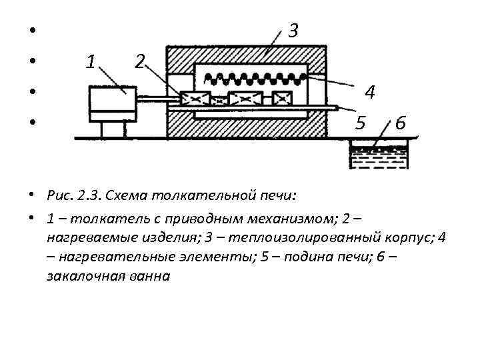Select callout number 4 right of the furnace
369,91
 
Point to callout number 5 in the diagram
361,123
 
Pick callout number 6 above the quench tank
401,123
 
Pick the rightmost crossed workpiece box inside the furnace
282,98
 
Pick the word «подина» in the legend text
307,256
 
